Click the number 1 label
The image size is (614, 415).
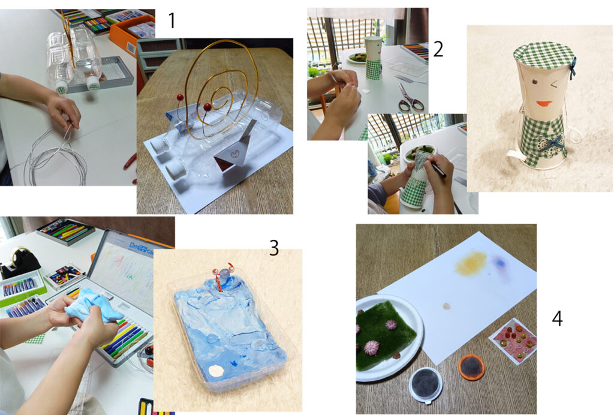(x=171, y=20)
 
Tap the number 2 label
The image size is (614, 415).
(x=438, y=49)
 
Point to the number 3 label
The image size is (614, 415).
(x=273, y=248)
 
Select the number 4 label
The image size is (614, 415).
(x=557, y=318)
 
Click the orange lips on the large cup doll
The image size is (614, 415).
(x=544, y=104)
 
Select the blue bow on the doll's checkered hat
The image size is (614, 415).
(x=573, y=68)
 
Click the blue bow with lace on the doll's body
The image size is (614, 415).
(x=552, y=143)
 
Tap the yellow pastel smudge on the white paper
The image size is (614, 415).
(x=471, y=263)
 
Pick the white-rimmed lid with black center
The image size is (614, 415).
(x=426, y=384)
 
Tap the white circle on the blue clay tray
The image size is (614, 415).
(x=215, y=370)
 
